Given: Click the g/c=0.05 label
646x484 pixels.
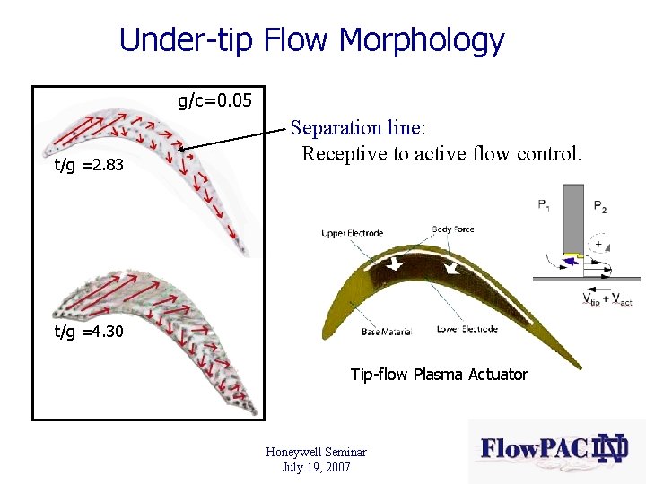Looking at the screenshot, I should coord(214,100).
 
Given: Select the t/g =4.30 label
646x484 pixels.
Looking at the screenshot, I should coord(89,332).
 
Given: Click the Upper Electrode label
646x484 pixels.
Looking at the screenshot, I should coord(353,234).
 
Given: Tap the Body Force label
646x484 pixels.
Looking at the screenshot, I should coord(452,229).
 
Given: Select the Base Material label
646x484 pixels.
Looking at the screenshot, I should coord(387,332).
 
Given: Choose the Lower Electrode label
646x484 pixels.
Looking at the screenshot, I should coord(467,329).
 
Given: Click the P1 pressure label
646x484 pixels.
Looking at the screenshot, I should coord(545,205).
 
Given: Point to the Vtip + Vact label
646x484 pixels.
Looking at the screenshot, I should coord(607,299).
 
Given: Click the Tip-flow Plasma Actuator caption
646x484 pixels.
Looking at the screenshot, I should coord(439,375).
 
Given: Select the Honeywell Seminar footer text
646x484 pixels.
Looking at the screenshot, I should coord(316,453).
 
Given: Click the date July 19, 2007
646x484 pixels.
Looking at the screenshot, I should coord(316,467).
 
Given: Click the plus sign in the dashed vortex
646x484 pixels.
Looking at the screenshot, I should coord(598,244).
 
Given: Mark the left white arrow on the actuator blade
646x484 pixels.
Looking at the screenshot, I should coord(396,264).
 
